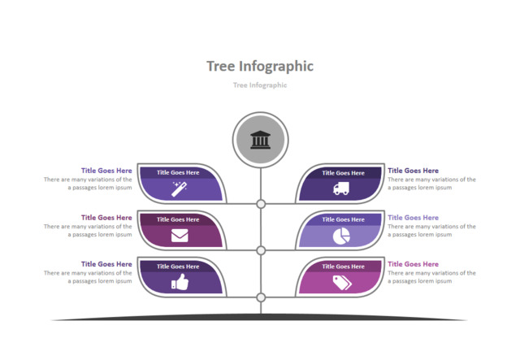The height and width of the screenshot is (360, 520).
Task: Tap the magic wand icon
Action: (179, 189)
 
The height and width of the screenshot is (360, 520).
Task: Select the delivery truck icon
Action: (341, 189)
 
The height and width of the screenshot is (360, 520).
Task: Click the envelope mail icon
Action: (179, 236)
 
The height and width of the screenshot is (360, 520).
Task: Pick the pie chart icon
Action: (341, 236)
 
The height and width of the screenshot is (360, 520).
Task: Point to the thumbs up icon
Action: (179, 282)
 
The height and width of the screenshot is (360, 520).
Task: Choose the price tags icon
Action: (341, 282)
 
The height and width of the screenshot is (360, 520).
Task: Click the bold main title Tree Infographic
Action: (260, 66)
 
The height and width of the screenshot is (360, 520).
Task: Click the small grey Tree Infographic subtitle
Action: (260, 85)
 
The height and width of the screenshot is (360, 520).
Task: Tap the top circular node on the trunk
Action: (261, 204)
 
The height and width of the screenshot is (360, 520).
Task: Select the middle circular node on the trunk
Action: (261, 250)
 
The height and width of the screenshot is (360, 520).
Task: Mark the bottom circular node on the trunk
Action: (261, 297)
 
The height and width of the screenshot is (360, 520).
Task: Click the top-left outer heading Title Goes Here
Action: (106, 171)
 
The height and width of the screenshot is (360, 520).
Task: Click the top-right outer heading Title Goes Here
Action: (413, 171)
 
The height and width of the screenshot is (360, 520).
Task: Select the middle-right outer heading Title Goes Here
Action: (413, 218)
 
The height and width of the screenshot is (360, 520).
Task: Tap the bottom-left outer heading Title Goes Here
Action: (106, 264)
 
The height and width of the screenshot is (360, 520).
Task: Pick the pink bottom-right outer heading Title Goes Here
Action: (413, 264)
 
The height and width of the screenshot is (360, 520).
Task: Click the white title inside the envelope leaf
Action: (178, 219)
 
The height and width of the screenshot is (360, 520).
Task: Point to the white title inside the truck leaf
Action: (343, 172)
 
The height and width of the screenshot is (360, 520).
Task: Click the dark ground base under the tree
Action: (261, 317)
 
